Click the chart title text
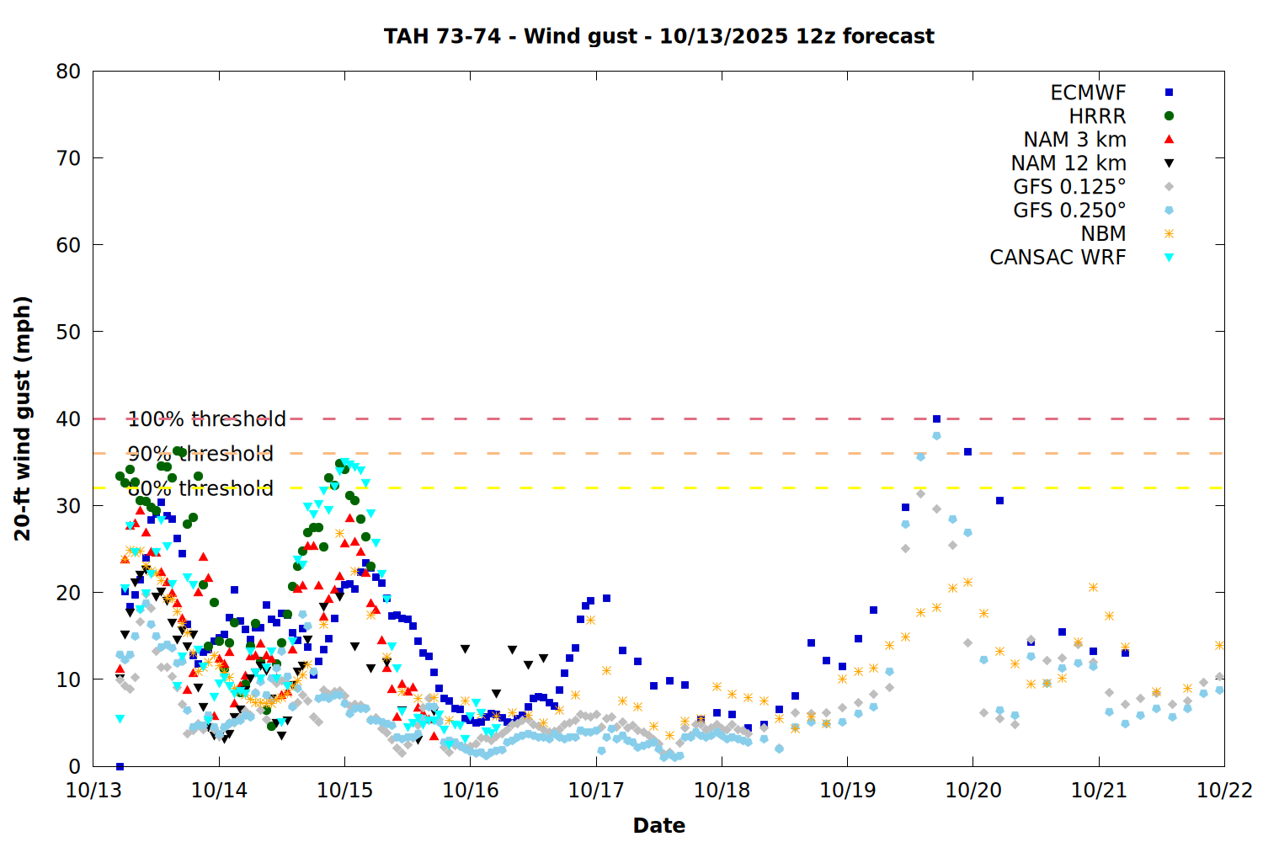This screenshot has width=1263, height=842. click(658, 36)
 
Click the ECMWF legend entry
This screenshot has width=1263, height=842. click(1088, 93)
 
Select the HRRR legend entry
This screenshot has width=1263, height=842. click(1097, 116)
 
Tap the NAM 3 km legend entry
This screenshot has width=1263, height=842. click(1074, 140)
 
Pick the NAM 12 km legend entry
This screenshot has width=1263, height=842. click(1068, 163)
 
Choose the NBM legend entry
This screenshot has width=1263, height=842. click(1103, 234)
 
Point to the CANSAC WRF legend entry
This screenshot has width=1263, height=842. click(1058, 258)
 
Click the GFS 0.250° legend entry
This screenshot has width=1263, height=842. click(1069, 210)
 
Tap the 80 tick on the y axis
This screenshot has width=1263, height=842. click(69, 72)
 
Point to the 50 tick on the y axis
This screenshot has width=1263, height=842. click(69, 332)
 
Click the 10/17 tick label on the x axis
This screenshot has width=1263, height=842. click(595, 791)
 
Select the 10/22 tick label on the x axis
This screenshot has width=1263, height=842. click(1224, 791)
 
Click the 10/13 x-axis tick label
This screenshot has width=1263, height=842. click(93, 791)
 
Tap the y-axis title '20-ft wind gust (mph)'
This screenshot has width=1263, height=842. click(23, 418)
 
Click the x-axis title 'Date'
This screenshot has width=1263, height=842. click(658, 825)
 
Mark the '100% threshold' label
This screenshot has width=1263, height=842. click(206, 419)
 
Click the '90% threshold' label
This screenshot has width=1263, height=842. click(200, 454)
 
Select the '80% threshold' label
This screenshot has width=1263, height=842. click(200, 488)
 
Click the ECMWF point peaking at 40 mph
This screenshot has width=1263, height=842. click(936, 418)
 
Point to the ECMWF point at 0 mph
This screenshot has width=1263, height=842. click(120, 766)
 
